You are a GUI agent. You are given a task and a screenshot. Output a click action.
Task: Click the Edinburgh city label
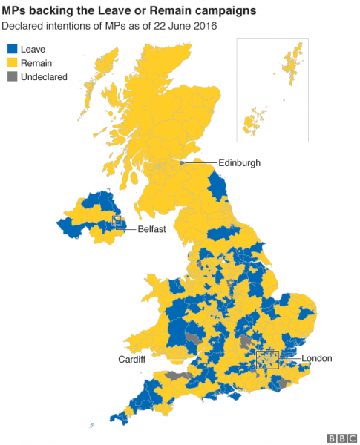coord(239,162)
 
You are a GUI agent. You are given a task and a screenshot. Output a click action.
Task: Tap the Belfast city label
coord(151,229)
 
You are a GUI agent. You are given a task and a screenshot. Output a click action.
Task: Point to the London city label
coord(317,359)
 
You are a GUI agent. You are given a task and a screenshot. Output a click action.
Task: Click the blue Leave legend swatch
coord(12,49)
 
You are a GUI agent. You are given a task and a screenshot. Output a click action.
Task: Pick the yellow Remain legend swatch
coord(12,63)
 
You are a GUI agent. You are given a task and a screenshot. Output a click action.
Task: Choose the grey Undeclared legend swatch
coord(12,77)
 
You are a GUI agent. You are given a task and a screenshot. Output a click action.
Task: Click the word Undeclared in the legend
coord(45,77)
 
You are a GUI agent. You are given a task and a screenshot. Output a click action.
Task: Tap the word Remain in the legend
coord(37,63)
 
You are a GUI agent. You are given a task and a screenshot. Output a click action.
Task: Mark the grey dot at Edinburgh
coord(180,162)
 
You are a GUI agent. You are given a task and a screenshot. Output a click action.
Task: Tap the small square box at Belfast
coord(116,220)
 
